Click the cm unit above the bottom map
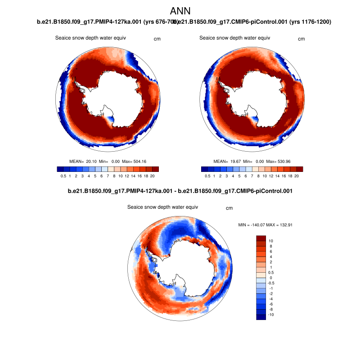(229, 208)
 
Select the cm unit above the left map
(157, 39)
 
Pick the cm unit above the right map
(301, 39)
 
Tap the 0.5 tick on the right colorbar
(207, 176)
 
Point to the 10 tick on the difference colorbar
(271, 241)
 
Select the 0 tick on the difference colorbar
(270, 278)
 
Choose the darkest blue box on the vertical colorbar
(261, 317)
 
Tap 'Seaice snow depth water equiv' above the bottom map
(162, 207)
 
